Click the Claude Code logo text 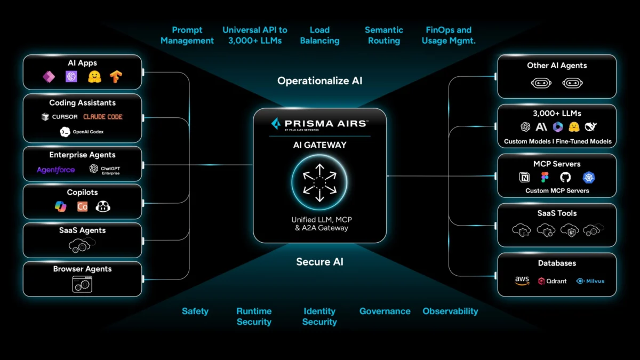[x=103, y=117]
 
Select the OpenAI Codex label [x=88, y=132]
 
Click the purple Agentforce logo [x=56, y=170]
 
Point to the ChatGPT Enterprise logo [x=105, y=170]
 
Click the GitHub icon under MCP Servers [x=565, y=178]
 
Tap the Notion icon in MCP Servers [x=524, y=178]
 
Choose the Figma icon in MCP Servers [x=545, y=178]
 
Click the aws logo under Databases [x=522, y=281]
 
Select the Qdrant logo [x=553, y=281]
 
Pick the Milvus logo [x=590, y=281]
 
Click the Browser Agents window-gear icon [x=82, y=284]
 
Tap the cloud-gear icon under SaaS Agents [x=82, y=245]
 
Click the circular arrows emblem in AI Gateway [x=319, y=183]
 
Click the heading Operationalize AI [x=319, y=81]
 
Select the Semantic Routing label [x=384, y=35]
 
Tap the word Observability [x=450, y=311]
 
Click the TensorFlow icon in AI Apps [x=116, y=77]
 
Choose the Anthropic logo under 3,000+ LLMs [x=541, y=127]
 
